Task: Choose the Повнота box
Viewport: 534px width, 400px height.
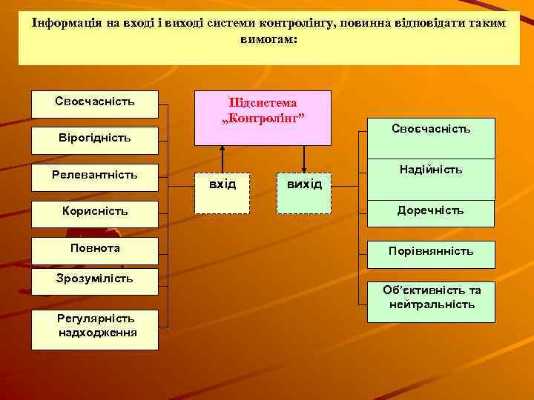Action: (94, 250)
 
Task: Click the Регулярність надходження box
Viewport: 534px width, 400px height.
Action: (94, 328)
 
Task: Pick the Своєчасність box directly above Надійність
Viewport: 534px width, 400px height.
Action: (431, 138)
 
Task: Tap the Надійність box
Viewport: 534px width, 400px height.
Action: (431, 179)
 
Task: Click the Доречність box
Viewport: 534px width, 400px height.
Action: (431, 213)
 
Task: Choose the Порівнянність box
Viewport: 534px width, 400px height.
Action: (431, 252)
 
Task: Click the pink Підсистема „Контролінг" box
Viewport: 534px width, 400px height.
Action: (263, 117)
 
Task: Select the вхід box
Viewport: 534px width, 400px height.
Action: (222, 193)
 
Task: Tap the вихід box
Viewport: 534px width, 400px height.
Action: (304, 193)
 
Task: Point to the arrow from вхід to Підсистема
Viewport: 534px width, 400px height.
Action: (222, 158)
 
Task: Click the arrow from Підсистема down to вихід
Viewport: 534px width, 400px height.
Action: (304, 158)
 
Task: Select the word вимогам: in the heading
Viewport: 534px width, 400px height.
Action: (268, 39)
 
